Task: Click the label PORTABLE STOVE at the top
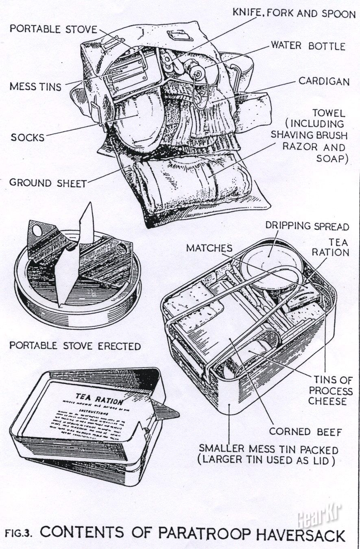[54, 29]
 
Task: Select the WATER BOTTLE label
[308, 46]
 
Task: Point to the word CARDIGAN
[324, 81]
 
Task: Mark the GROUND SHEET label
[48, 183]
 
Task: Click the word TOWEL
[328, 113]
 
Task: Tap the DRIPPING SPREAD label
[307, 226]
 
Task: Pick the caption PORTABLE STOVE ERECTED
[75, 346]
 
